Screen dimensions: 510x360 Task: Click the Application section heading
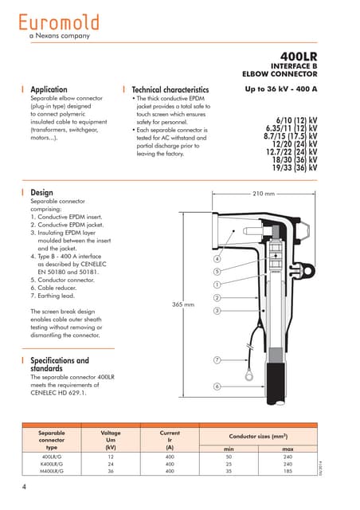click(49, 90)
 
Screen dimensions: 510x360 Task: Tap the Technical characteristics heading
click(170, 90)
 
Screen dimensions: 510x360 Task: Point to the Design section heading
click(41, 193)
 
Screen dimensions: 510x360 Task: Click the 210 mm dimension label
click(263, 194)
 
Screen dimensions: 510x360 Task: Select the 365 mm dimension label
click(184, 304)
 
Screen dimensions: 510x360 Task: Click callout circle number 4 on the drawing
click(217, 259)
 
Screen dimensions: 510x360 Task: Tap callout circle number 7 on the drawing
click(217, 361)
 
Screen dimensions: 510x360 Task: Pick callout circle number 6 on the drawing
click(217, 386)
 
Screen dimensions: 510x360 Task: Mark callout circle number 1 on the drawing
click(217, 284)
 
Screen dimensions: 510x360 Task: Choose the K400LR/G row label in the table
click(52, 463)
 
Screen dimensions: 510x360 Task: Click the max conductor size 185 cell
click(288, 471)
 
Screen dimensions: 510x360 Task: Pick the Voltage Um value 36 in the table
click(111, 471)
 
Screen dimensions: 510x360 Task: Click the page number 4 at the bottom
click(25, 486)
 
